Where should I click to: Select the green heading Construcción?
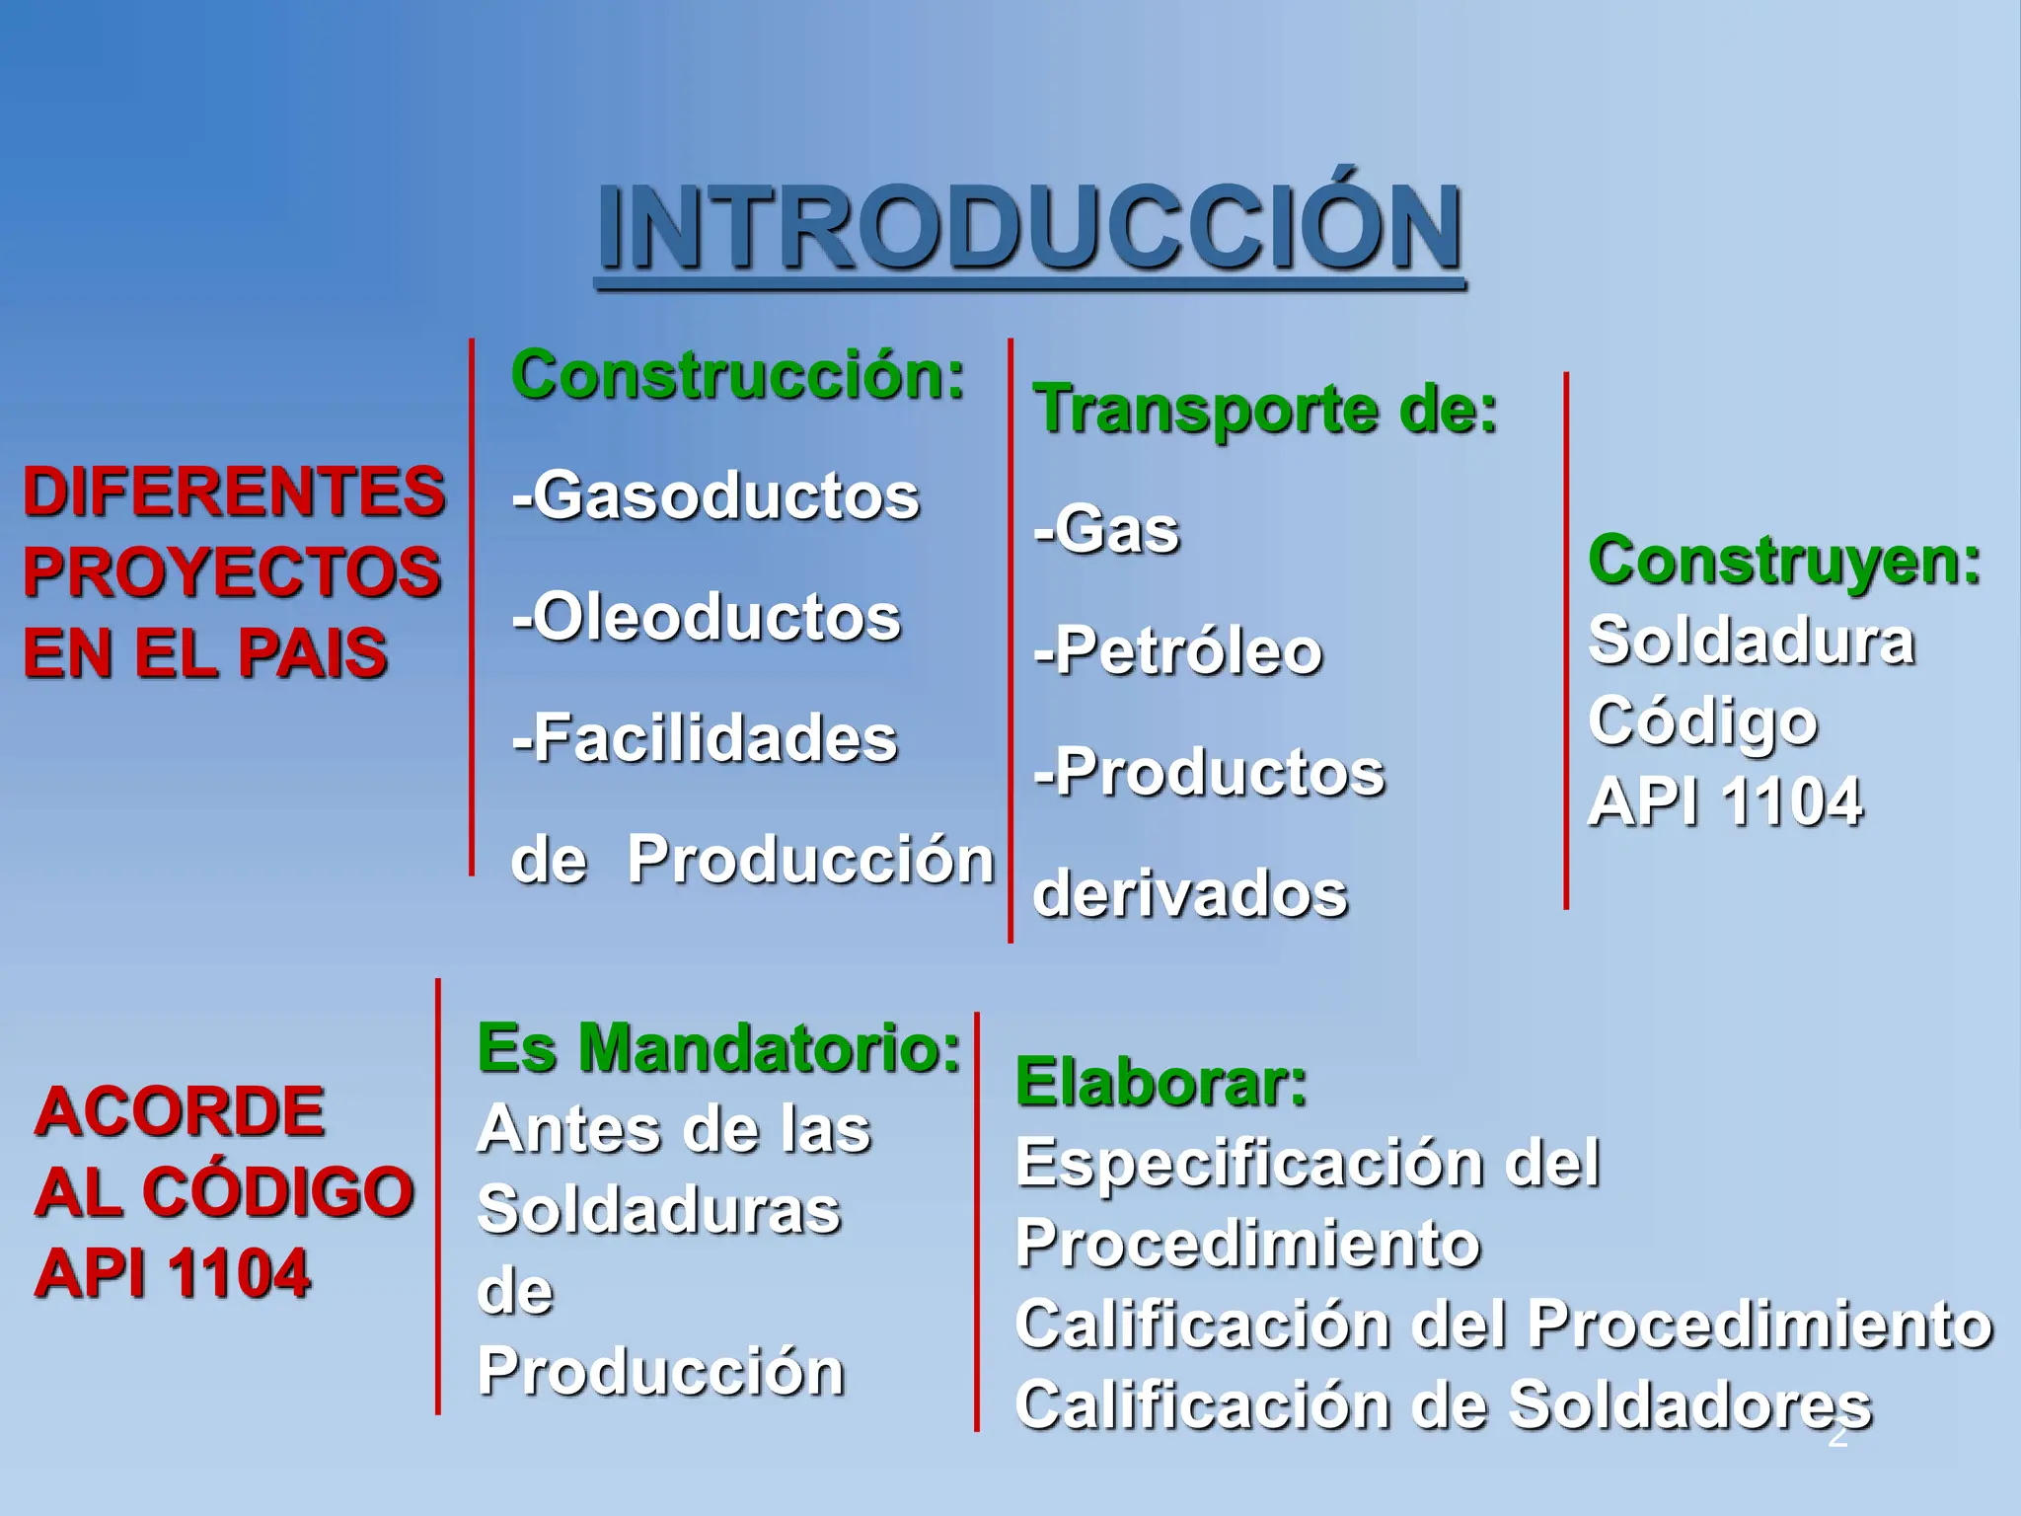click(x=738, y=377)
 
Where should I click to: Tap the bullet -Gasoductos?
click(x=716, y=495)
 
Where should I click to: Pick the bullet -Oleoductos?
click(x=707, y=618)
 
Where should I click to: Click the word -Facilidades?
click(x=705, y=739)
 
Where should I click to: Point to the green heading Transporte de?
click(x=1265, y=410)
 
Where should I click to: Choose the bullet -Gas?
click(x=1106, y=531)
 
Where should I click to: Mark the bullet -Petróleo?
click(x=1178, y=652)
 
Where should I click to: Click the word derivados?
click(x=1190, y=894)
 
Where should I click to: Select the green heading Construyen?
click(x=1784, y=561)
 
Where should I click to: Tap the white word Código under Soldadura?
click(x=1702, y=722)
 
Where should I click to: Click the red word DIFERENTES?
click(x=234, y=492)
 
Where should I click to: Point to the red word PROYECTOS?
click(x=232, y=572)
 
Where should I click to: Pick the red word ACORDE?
click(x=180, y=1112)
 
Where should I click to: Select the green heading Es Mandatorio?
click(x=718, y=1048)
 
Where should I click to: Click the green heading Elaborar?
click(x=1161, y=1083)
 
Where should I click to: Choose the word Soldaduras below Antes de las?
click(x=659, y=1210)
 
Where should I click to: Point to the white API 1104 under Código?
click(x=1725, y=801)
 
